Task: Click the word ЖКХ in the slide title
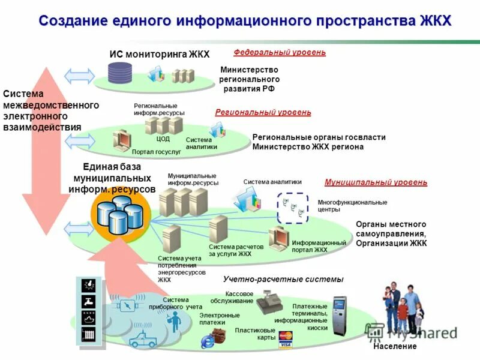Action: [431, 21]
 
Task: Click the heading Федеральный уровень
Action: [280, 52]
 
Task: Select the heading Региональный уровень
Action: [263, 112]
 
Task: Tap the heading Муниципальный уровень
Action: [376, 182]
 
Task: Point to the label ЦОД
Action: [163, 139]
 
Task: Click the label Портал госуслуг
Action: [156, 152]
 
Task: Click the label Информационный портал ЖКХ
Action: [319, 246]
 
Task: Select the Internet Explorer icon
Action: [208, 340]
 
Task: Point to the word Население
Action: [394, 347]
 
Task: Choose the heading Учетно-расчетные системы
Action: [283, 280]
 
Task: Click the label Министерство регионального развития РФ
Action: [250, 79]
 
